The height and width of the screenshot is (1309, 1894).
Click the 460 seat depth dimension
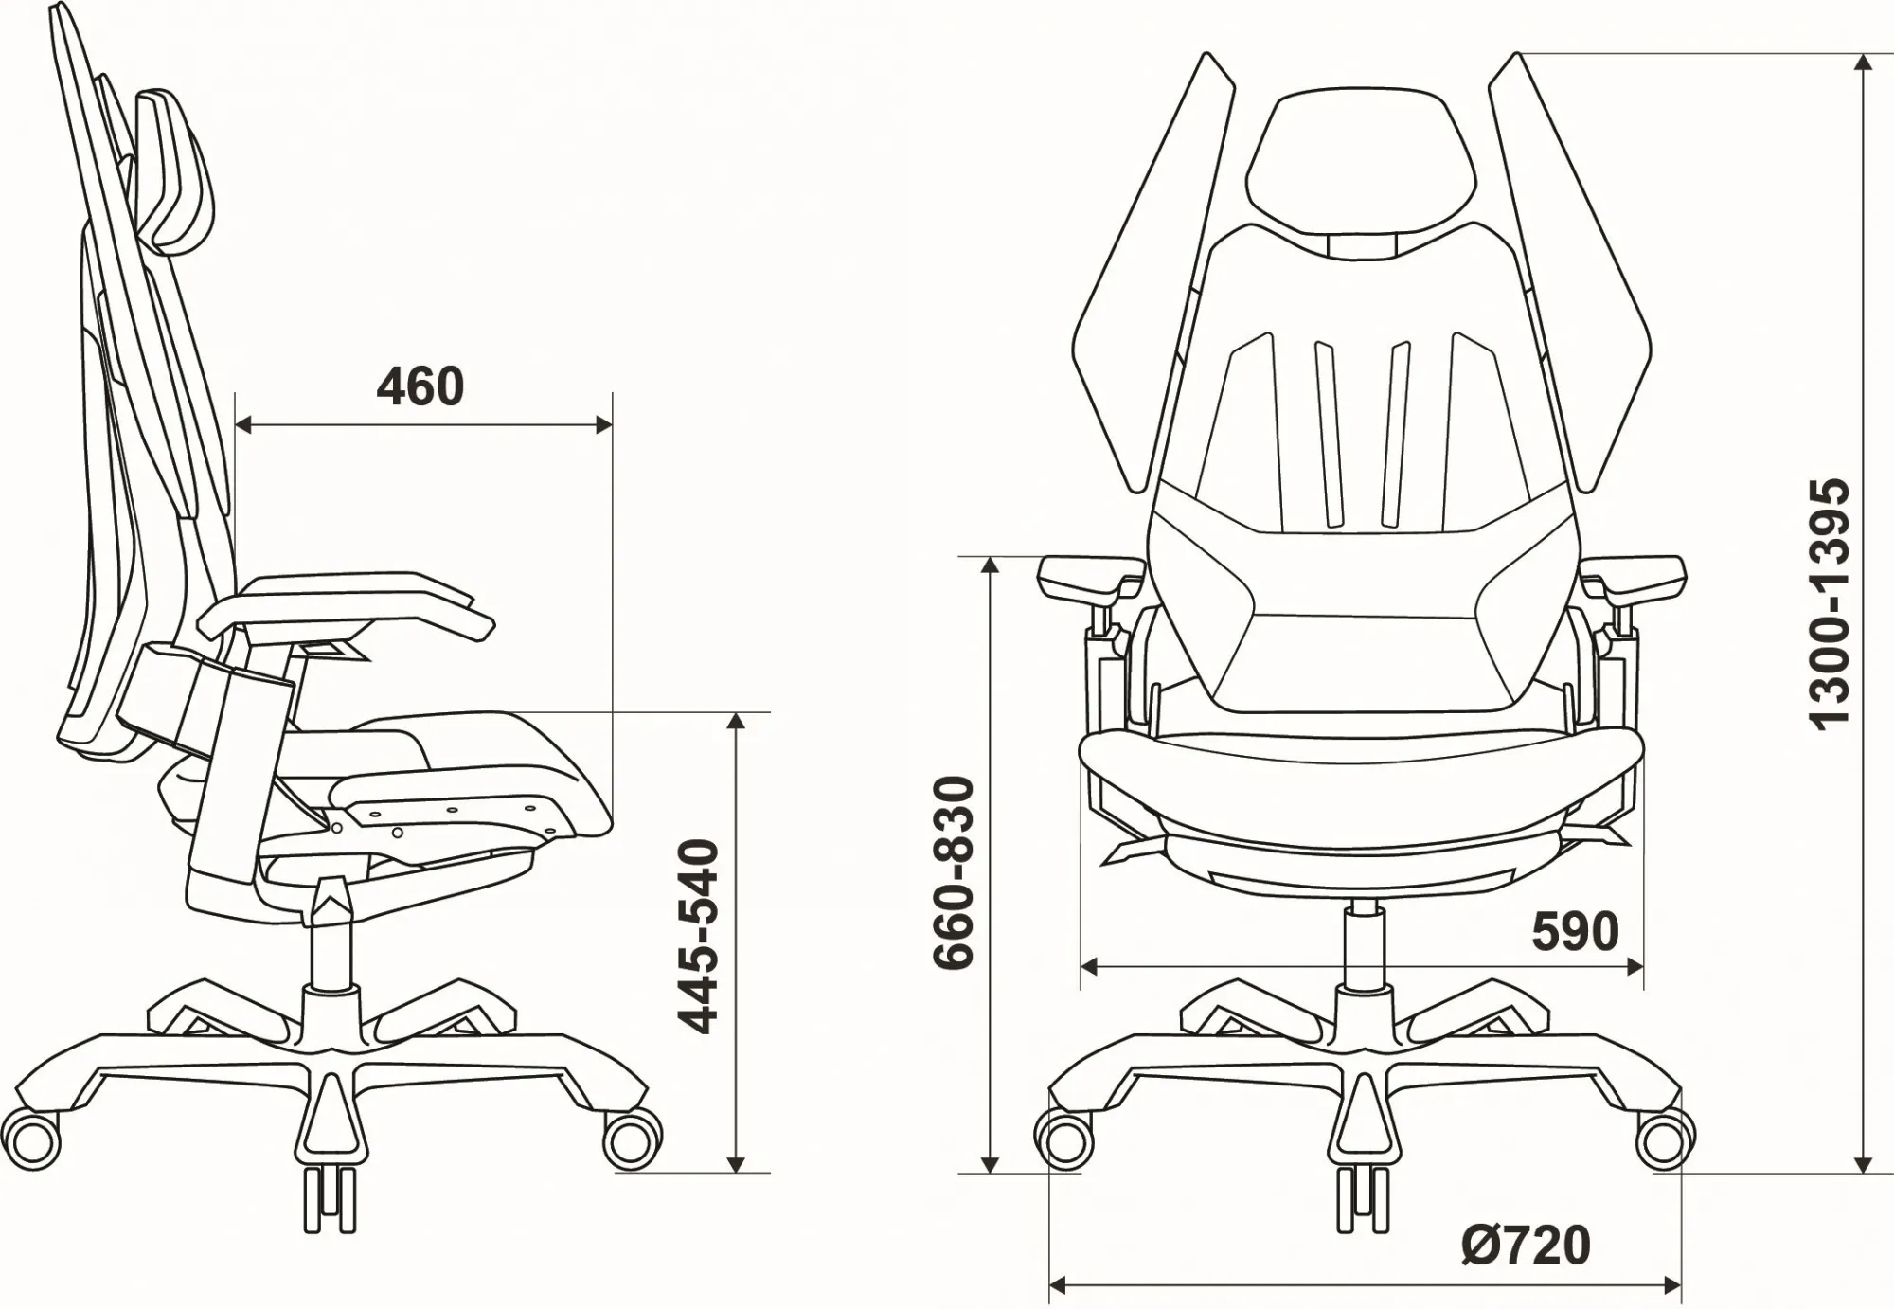[420, 386]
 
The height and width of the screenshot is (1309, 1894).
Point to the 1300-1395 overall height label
[1829, 603]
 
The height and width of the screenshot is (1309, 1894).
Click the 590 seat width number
[1575, 931]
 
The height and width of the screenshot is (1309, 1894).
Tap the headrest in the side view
[180, 170]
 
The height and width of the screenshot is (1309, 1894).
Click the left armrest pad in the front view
[1089, 574]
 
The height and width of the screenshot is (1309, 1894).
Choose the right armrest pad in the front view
[1635, 574]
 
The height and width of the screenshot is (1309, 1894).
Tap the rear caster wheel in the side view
[36, 1140]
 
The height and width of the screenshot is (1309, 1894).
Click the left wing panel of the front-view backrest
[1155, 284]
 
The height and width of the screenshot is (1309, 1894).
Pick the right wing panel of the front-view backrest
[1572, 284]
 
